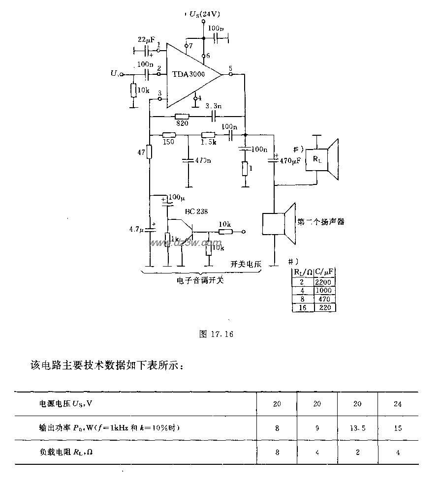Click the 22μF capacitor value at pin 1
coord(145,39)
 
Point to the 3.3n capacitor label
coord(213,106)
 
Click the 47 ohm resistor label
coord(141,153)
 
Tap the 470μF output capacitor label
coord(291,161)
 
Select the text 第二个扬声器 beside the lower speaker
coord(320,221)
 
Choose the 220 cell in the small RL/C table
coord(324,307)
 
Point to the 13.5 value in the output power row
coord(357,428)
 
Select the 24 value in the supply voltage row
coord(398,404)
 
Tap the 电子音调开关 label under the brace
coord(199,281)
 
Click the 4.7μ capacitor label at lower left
coord(135,229)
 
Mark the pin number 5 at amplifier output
coord(231,68)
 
